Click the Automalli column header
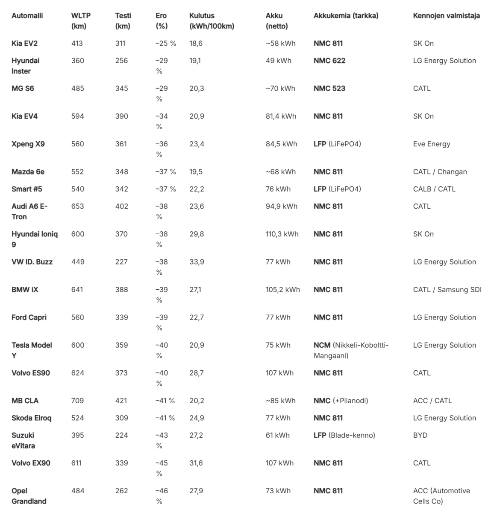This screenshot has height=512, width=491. tap(27, 16)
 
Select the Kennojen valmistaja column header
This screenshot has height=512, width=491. tap(446, 16)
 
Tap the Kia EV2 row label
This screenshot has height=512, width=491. tap(24, 44)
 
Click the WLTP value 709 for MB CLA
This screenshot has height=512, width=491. tap(77, 401)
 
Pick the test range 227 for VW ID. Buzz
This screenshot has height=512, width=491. tap(121, 262)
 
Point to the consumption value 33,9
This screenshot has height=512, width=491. tap(197, 262)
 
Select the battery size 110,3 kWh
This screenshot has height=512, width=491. tap(282, 234)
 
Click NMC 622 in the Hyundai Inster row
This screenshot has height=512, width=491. tap(329, 61)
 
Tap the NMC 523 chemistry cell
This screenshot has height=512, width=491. tap(329, 89)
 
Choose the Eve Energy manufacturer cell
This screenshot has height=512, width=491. tap(432, 144)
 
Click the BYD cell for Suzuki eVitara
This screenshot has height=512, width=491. tap(420, 435)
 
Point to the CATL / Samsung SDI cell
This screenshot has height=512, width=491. tap(447, 290)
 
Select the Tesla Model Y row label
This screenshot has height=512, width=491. tap(32, 350)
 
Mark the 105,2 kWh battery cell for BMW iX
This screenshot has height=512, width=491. tap(282, 290)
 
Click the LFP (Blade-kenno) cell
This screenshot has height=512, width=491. tap(344, 435)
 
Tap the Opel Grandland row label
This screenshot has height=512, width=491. tap(29, 496)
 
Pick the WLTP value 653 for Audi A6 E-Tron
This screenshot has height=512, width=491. tap(77, 207)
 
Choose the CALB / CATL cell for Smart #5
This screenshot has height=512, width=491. tap(434, 189)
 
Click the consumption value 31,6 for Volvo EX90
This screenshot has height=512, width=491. tap(196, 463)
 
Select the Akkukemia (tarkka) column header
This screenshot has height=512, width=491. tap(346, 16)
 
